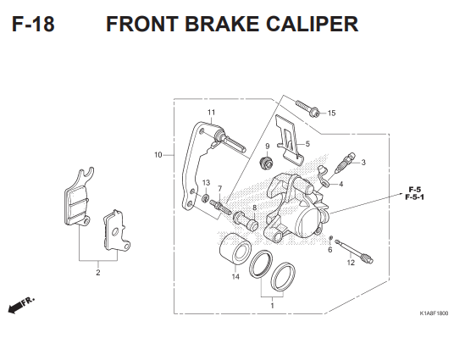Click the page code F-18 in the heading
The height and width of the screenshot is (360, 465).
tap(34, 24)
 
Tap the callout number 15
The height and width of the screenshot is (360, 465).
tap(331, 113)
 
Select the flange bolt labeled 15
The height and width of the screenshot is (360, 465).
tap(307, 109)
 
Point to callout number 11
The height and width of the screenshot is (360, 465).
tap(211, 113)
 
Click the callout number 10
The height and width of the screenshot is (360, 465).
tap(158, 155)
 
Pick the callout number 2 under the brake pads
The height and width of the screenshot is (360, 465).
tap(97, 273)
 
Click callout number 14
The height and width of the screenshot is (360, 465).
tap(235, 277)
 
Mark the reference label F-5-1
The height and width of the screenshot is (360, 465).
tap(415, 197)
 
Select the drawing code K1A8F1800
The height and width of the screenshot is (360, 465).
tap(433, 313)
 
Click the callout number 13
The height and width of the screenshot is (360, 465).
tap(206, 183)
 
